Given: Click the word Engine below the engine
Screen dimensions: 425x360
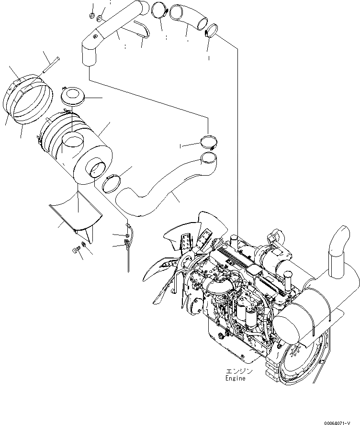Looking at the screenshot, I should coord(235,378).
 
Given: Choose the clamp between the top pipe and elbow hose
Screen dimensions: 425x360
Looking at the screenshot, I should coord(158,8).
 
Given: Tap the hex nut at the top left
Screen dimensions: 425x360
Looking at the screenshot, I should coord(91,17).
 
